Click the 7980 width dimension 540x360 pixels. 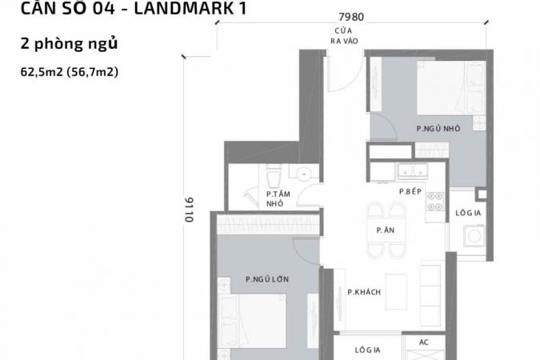[351, 17]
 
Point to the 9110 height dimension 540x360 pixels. [189, 210]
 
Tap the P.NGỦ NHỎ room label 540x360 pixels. [438, 129]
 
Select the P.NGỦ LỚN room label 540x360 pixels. [267, 279]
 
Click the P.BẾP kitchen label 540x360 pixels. [410, 191]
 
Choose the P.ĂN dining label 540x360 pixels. [385, 230]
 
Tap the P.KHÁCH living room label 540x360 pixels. [364, 292]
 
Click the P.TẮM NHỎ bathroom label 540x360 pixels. [278, 198]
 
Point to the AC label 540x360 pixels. [423, 342]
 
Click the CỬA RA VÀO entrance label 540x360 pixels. [344, 36]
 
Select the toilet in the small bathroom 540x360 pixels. [274, 176]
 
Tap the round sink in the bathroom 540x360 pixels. [304, 174]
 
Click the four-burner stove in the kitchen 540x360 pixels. [435, 202]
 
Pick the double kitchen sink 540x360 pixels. [413, 171]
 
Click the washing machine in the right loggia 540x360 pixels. [474, 236]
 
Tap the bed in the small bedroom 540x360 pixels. [451, 88]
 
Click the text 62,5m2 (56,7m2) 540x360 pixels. [70, 72]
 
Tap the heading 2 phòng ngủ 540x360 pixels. [69, 44]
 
